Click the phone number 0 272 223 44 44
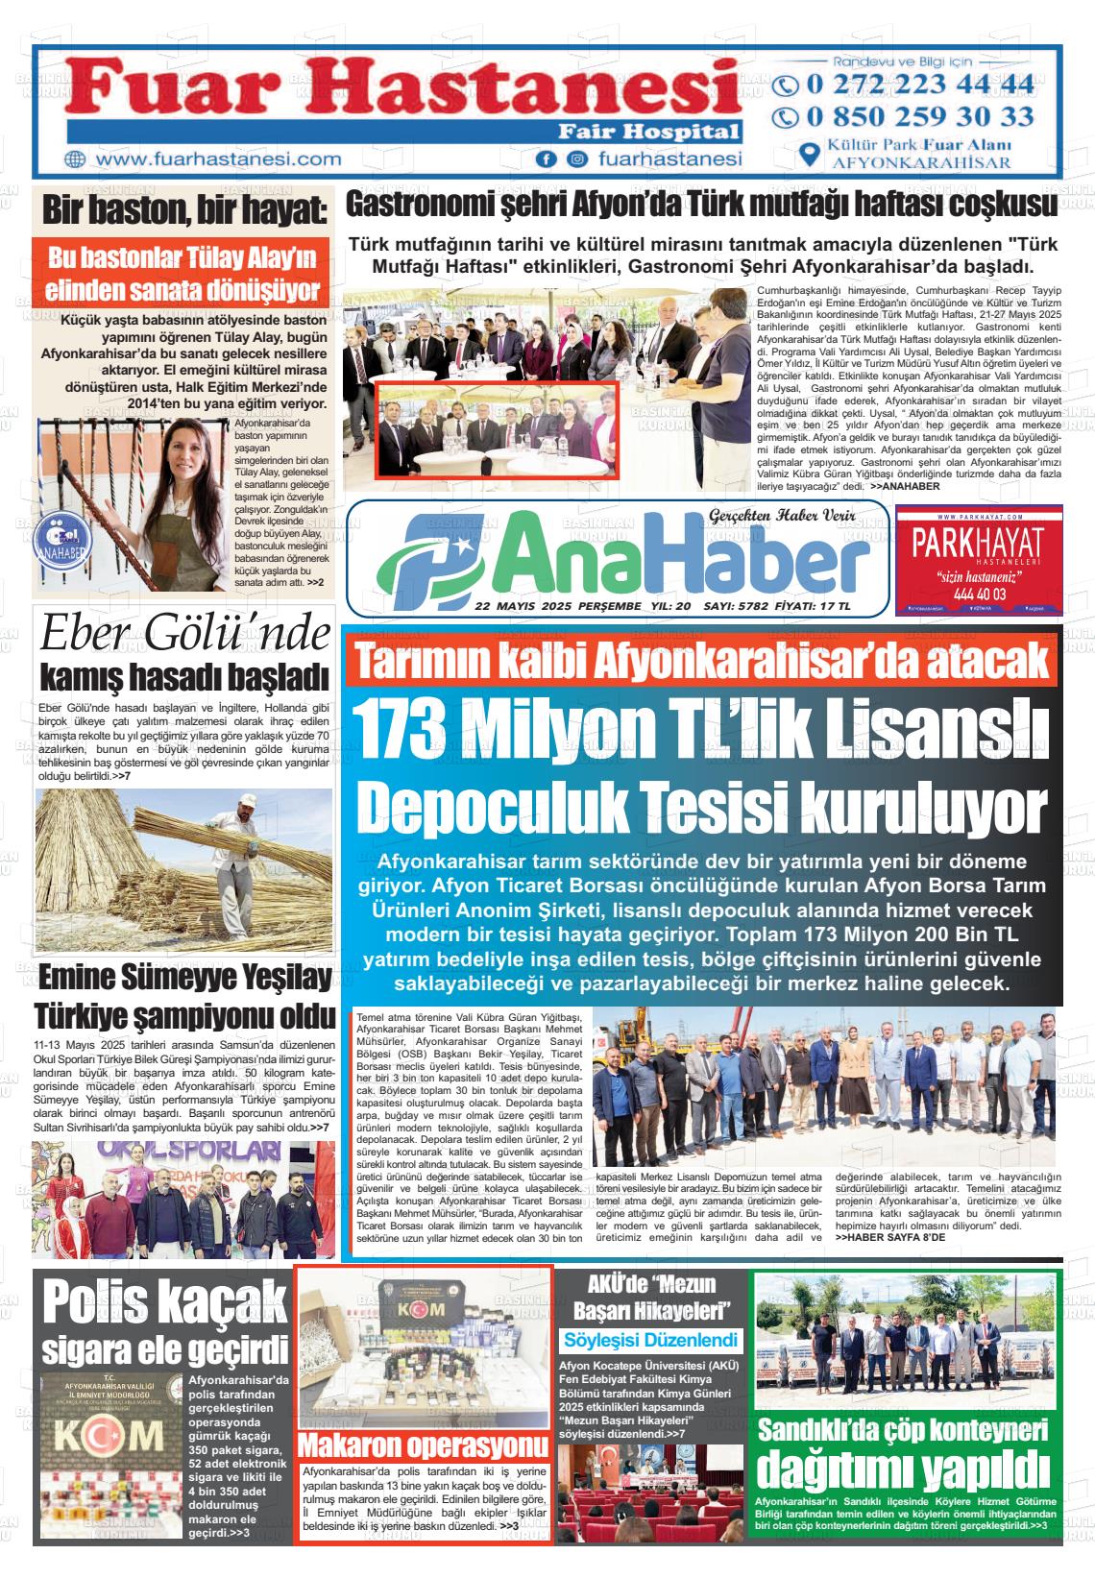coord(919,84)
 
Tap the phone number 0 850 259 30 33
coord(919,117)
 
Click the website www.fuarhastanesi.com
coord(219,159)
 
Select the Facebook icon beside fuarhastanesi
coord(547,159)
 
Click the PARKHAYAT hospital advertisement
coord(978,559)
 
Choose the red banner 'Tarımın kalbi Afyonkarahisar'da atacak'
coord(700,661)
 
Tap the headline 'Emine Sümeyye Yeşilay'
coord(185,979)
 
